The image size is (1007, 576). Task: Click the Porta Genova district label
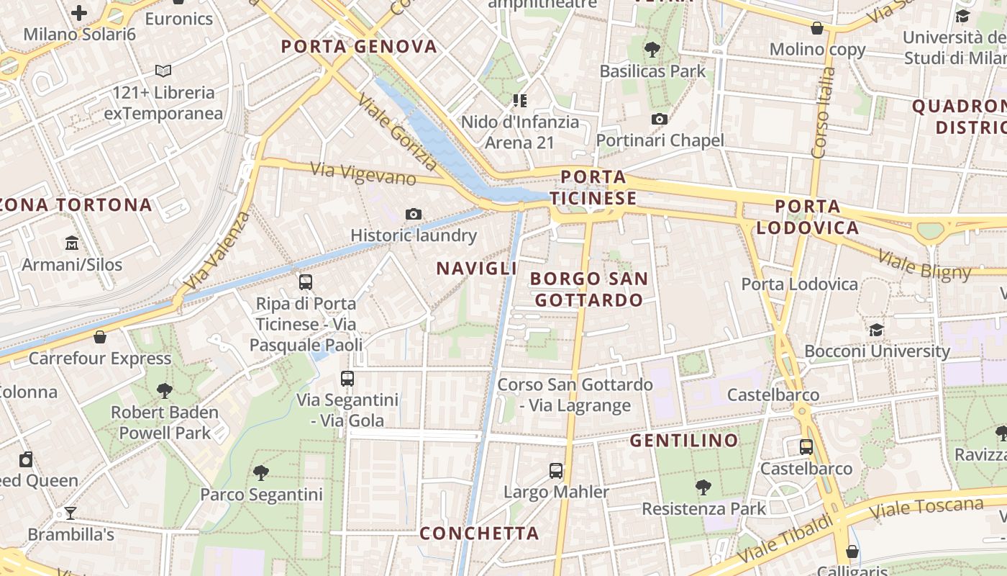359,47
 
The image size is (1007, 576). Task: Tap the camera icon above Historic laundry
414,214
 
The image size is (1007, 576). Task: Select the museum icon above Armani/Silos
72,243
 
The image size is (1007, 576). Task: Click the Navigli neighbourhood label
477,269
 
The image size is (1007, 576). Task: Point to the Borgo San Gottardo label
589,289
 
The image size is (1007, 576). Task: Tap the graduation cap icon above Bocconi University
876,330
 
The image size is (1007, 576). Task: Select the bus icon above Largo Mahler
556,471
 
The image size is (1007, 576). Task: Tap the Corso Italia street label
823,112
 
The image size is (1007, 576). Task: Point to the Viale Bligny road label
924,264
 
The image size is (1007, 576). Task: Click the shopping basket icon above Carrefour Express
100,337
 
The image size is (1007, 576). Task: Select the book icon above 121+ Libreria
163,71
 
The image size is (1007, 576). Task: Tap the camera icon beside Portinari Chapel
660,120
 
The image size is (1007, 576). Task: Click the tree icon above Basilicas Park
652,50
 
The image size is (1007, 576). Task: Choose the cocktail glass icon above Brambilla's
70,513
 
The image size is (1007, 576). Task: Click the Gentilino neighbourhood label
684,440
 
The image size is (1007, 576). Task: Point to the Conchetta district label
479,534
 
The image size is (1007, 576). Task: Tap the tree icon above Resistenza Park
703,487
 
